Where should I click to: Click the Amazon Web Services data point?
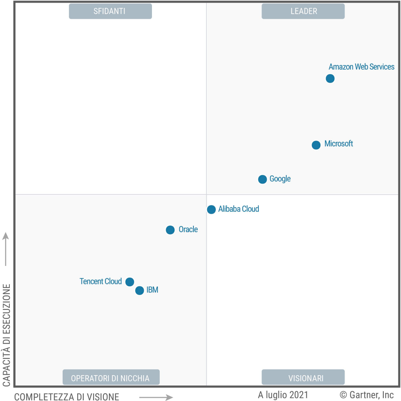(330, 79)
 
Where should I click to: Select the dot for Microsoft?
(316, 145)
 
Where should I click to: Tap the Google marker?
(262, 179)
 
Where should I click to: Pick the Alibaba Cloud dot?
(211, 210)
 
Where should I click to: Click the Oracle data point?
(170, 230)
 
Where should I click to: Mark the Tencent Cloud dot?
(130, 282)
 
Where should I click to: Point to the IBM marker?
(139, 291)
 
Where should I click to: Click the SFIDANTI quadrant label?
(110, 11)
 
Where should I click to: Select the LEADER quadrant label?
(303, 11)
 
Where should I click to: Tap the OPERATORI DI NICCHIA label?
(111, 378)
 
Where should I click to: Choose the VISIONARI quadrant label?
(303, 378)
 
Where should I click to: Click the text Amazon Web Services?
(361, 67)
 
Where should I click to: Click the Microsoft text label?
(339, 144)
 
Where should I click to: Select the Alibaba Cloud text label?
(238, 209)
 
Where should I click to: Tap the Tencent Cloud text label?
(101, 282)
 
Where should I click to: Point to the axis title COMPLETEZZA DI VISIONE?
(67, 397)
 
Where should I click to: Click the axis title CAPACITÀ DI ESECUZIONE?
(7, 335)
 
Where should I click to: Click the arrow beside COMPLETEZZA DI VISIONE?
(156, 397)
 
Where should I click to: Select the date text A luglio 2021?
(283, 395)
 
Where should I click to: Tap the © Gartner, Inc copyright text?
(367, 395)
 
